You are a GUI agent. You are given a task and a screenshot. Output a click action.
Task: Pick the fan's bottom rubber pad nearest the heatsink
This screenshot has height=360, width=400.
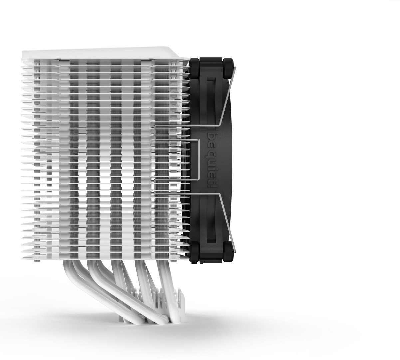point(195,252)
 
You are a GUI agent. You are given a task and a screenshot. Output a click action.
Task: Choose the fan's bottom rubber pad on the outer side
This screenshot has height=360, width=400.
point(228,252)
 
